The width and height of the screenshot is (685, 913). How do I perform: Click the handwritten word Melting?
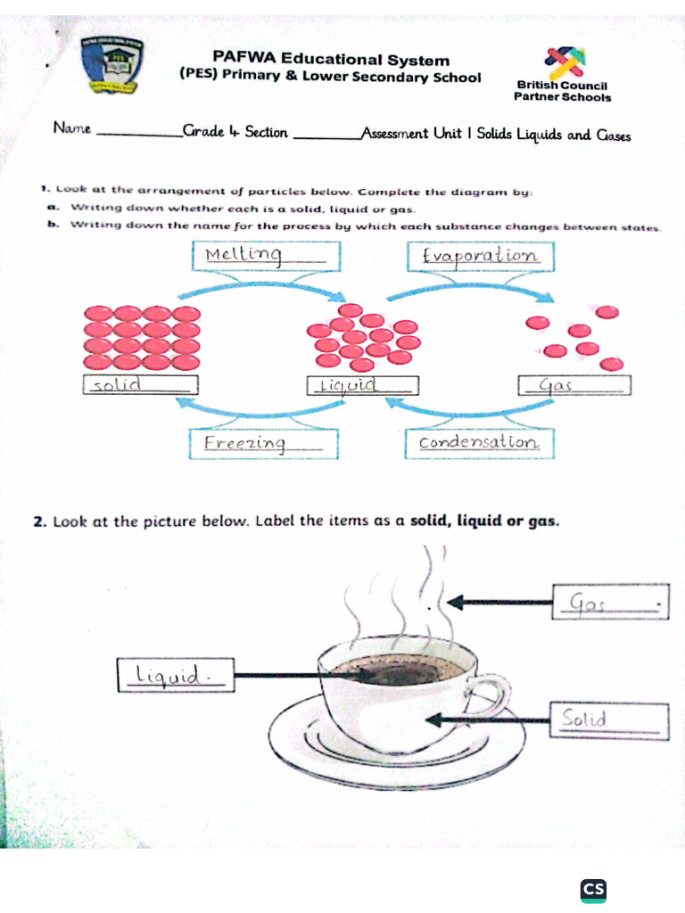pos(243,257)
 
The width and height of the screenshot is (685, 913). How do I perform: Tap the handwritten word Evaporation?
pos(480,256)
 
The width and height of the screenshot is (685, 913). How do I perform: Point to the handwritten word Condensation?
pos(478,442)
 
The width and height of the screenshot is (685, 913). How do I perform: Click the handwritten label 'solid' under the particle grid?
pos(119,385)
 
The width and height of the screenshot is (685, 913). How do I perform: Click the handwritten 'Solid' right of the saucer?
pos(584,719)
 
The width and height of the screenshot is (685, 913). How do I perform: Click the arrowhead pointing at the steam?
pos(456,603)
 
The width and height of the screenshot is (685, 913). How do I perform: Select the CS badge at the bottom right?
pos(593,889)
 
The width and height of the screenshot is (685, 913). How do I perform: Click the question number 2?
pos(39,522)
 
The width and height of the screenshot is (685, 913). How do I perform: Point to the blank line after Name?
pos(138,134)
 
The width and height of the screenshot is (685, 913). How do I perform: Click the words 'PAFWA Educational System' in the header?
pos(331,60)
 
